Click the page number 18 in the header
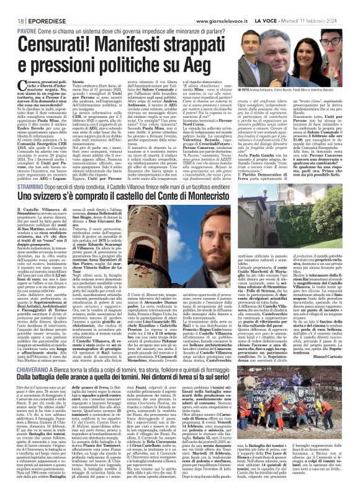(x=12, y=5)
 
